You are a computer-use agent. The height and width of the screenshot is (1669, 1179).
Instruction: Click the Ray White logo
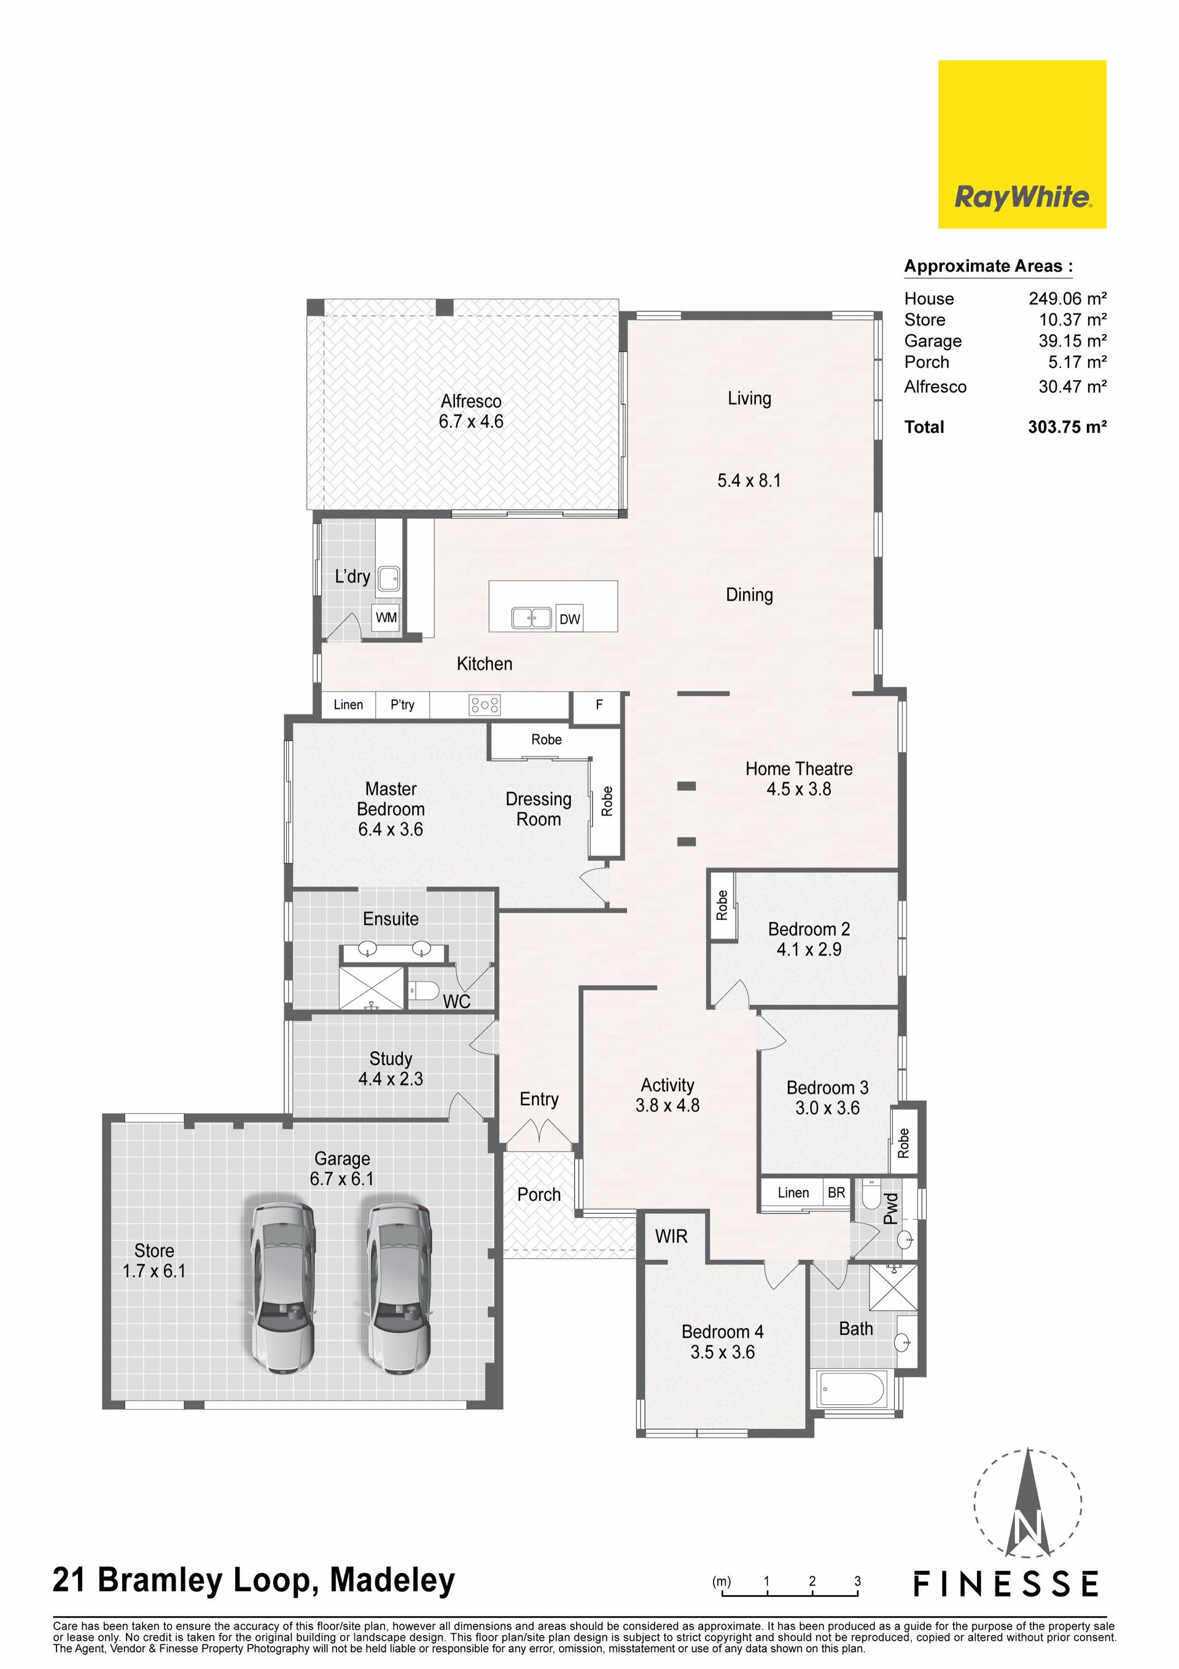point(1022,144)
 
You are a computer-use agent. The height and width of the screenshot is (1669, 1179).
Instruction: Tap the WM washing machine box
point(386,618)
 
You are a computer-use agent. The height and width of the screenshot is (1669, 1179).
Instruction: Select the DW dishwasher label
point(570,619)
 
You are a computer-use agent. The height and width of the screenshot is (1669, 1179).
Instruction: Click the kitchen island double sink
point(531,618)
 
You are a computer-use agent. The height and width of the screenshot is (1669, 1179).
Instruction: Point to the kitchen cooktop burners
point(485,705)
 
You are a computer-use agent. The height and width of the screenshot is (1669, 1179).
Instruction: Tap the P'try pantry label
point(402,705)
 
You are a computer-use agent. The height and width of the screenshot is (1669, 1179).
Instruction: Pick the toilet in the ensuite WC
point(423,990)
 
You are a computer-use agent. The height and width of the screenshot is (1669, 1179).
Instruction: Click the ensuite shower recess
point(372,988)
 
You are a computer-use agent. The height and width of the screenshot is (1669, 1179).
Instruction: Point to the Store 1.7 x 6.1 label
point(154,1261)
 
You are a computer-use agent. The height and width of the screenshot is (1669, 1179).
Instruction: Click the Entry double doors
point(539,1133)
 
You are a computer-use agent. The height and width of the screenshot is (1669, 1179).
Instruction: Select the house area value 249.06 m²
point(1067,298)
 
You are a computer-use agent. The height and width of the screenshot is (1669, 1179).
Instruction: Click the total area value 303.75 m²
point(1067,427)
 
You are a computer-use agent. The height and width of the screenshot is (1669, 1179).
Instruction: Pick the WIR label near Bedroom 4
point(671,1237)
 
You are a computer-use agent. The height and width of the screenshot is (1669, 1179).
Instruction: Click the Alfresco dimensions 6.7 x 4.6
point(471,421)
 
